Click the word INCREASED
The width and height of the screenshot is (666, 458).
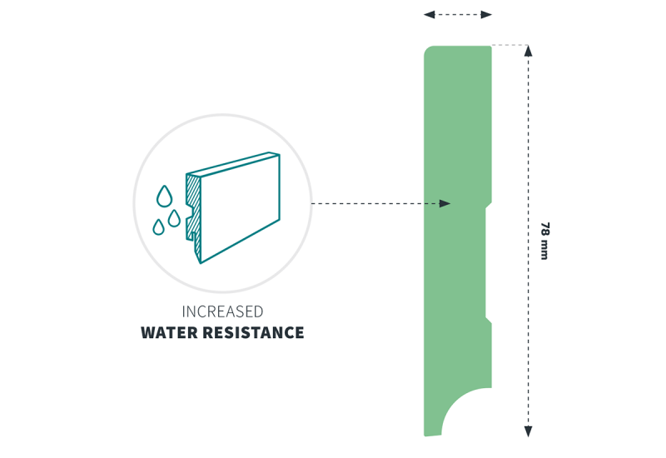coord(222,311)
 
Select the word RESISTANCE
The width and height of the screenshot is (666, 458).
coord(253,332)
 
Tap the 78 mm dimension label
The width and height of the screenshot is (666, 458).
coord(544,241)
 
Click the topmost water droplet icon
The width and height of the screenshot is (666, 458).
coord(164,197)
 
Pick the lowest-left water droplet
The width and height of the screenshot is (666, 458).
coord(158,227)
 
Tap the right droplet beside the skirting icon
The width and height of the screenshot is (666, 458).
coord(174,218)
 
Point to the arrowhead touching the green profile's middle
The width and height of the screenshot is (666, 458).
coord(445,203)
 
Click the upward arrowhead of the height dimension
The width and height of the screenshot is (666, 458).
coord(528,51)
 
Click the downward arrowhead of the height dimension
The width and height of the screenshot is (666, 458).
coord(528,431)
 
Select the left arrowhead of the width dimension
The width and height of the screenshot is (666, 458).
coord(430,15)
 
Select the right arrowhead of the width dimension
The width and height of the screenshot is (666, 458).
coord(486,15)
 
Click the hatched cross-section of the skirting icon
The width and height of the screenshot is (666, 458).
coord(194,212)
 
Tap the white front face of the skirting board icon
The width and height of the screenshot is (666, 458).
coord(240,208)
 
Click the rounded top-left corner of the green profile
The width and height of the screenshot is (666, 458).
coord(427,49)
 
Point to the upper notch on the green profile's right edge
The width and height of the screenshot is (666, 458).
coord(489,206)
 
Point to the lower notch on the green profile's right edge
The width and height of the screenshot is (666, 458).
coord(489,320)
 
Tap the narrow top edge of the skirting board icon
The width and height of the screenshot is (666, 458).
coord(233,163)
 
